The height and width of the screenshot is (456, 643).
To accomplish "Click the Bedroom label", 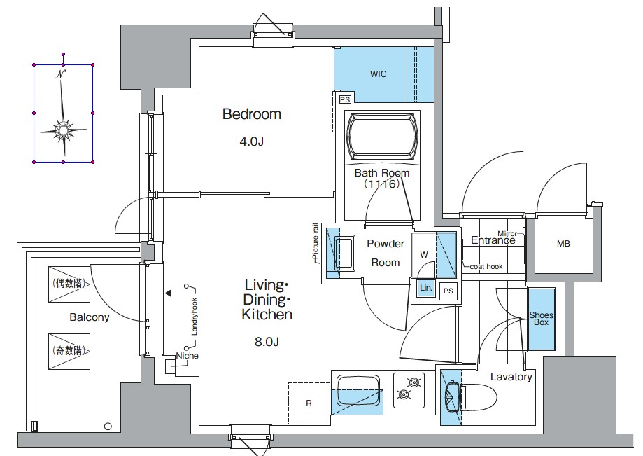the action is [252, 114].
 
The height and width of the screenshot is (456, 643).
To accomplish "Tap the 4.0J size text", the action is [251, 141].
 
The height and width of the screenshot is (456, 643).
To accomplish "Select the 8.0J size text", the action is [267, 342].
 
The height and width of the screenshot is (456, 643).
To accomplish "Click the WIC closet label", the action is [378, 74].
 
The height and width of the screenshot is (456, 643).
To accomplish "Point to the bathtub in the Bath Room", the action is [382, 137].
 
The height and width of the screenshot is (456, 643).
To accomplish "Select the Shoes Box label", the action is [542, 319].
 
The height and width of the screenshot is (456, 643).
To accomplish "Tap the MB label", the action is [563, 244].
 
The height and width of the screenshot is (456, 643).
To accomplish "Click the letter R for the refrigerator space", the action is [309, 403].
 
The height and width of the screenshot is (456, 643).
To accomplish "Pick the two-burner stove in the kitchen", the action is [409, 389].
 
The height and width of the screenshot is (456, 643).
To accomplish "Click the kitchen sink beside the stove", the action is [358, 392].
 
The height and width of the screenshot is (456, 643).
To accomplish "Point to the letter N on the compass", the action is [61, 74].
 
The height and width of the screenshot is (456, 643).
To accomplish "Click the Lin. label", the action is [425, 288].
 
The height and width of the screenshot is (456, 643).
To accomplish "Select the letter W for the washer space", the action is [424, 255].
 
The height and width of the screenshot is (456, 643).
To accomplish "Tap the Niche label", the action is [187, 356].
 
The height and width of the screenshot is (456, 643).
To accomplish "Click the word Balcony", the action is [90, 317].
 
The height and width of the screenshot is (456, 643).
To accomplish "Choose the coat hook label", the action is [486, 267].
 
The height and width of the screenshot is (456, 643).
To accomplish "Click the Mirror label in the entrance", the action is [507, 233].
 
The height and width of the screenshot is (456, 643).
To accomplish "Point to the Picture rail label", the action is [315, 242].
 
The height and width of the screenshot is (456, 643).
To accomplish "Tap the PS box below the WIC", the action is [345, 99].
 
